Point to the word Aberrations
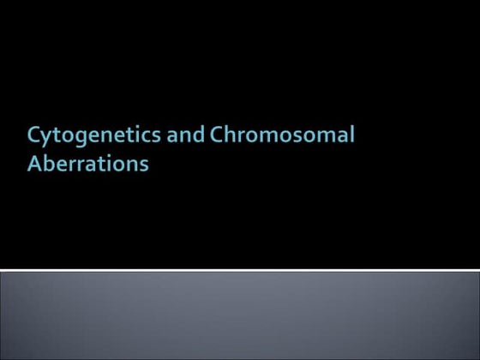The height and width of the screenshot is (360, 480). click(87, 163)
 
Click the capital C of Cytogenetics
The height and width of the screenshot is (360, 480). click(33, 136)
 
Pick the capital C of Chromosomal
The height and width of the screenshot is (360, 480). click(202, 136)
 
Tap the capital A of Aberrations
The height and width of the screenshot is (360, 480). click(34, 163)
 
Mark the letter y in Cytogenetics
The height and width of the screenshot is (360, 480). click(45, 139)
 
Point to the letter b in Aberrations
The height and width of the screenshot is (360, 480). click(48, 162)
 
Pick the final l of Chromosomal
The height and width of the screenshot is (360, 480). click(351, 135)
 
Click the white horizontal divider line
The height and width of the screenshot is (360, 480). click(240, 270)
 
